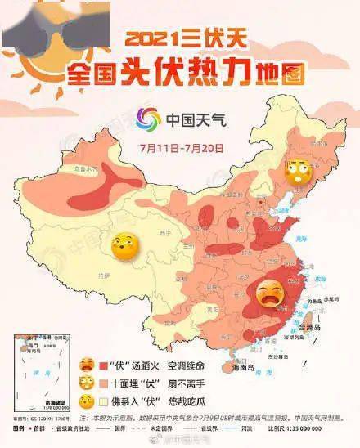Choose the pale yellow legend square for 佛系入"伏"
104,401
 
